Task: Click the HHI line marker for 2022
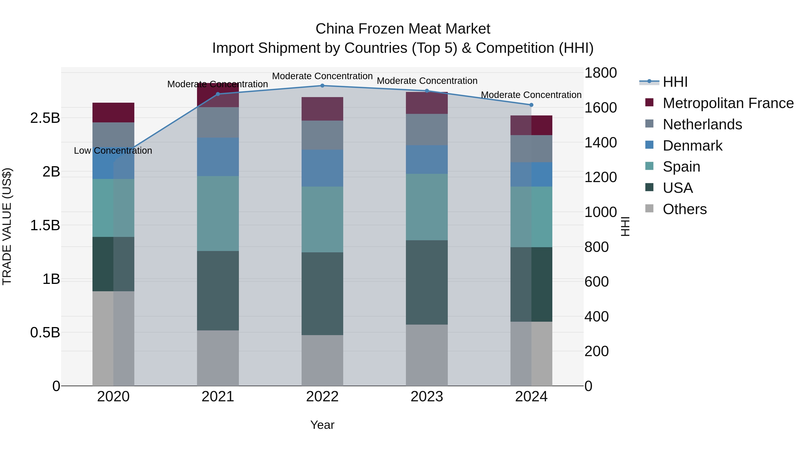tap(322, 85)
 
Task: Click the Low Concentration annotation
tap(113, 151)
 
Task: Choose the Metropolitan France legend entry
tap(728, 103)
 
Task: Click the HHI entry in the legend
tap(675, 82)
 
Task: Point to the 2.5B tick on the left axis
tap(45, 118)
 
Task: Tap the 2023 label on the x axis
tap(427, 397)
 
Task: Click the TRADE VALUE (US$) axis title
tap(7, 226)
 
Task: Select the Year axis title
tap(322, 425)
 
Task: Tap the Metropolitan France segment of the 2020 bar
tap(113, 112)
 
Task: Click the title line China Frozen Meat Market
tap(403, 29)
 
